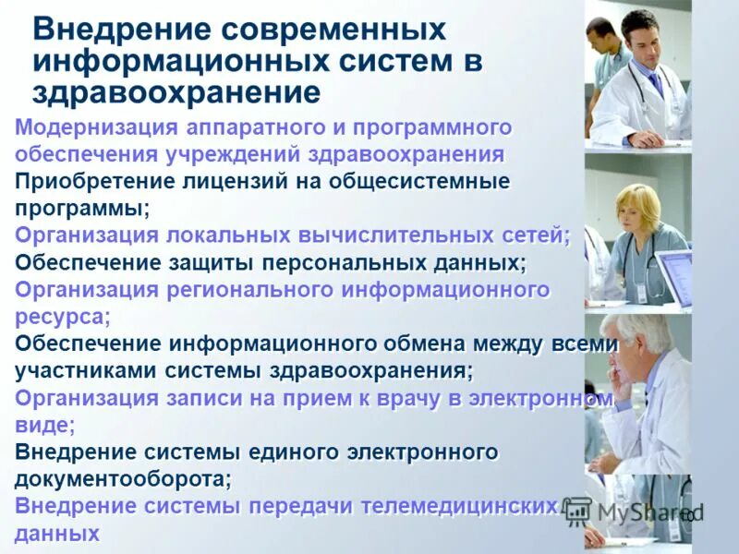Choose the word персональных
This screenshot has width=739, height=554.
point(344,262)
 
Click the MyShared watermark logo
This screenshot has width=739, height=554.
point(637,511)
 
